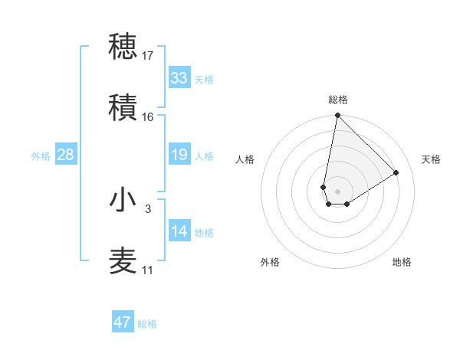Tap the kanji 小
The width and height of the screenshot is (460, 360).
click(x=123, y=201)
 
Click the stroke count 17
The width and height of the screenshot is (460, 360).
click(x=148, y=56)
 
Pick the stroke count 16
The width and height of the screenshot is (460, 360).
click(x=148, y=117)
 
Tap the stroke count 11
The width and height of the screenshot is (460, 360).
click(x=148, y=270)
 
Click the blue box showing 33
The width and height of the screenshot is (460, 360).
click(x=179, y=78)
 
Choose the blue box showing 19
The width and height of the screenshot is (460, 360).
click(x=179, y=155)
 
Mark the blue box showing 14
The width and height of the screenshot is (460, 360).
click(x=179, y=231)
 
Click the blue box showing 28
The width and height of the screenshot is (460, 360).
click(x=66, y=155)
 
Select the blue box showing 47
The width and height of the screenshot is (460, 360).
click(x=123, y=322)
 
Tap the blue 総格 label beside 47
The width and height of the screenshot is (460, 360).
click(x=148, y=324)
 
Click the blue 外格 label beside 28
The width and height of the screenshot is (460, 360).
click(x=41, y=156)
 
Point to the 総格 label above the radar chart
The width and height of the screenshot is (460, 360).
click(x=337, y=100)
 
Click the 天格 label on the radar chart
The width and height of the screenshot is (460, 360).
click(x=431, y=159)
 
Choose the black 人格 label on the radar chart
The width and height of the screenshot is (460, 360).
click(x=245, y=159)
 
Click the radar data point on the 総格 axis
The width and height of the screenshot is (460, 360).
click(x=337, y=116)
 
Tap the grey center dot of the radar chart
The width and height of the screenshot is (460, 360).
click(x=337, y=181)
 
